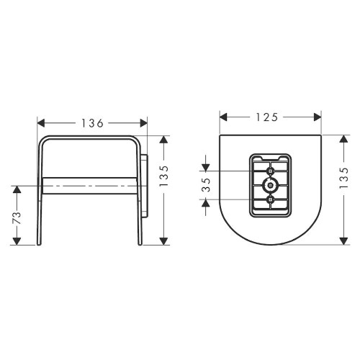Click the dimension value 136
[92, 123]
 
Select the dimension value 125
[267, 117]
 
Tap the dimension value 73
[17, 218]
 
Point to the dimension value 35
[206, 185]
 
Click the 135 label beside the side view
[164, 176]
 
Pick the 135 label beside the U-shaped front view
[343, 178]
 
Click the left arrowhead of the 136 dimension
[41, 123]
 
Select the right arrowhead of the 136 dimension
[144, 123]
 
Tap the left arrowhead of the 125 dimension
[223, 117]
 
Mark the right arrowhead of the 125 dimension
[318, 117]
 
